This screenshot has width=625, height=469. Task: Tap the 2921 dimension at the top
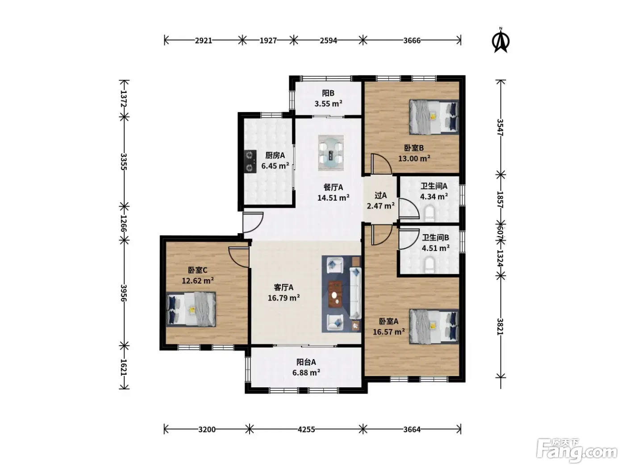[x=203, y=41]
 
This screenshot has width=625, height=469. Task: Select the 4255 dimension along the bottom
[x=306, y=429]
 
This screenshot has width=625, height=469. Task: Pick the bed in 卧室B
[x=433, y=117]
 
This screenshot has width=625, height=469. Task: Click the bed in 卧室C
[x=191, y=309]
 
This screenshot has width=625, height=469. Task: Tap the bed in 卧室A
[x=433, y=327]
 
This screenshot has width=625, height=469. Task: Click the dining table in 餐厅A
[x=331, y=153]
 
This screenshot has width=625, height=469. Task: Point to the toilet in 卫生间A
[x=429, y=214]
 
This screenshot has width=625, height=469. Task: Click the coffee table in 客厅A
[x=335, y=294]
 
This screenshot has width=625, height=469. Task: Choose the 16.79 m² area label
[x=283, y=298]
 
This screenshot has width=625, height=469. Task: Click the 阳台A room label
[x=306, y=362]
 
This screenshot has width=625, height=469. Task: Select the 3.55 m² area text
[x=328, y=104]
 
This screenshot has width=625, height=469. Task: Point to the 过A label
[x=380, y=195]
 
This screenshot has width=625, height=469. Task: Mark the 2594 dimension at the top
[x=328, y=41]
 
